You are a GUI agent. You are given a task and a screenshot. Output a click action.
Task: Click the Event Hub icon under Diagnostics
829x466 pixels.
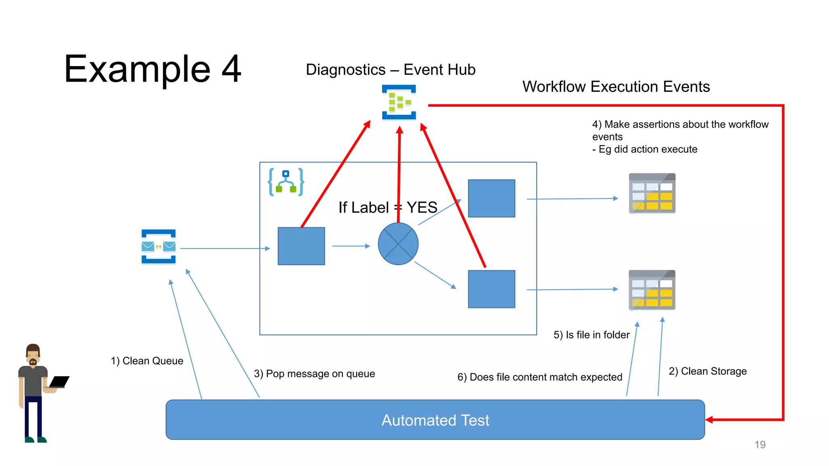tap(399, 102)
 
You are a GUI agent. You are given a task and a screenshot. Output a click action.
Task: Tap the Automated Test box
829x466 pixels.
tap(435, 420)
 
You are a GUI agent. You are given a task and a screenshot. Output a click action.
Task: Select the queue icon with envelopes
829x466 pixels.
tap(158, 246)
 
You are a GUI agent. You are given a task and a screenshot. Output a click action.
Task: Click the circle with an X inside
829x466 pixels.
tap(398, 244)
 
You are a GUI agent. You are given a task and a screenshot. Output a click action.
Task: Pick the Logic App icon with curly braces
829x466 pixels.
tap(286, 182)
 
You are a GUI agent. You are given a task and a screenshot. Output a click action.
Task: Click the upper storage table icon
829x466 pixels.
tap(652, 193)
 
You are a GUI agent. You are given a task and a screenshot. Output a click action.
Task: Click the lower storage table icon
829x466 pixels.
tap(652, 290)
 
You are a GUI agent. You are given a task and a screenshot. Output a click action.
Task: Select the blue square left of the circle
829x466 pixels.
tap(301, 246)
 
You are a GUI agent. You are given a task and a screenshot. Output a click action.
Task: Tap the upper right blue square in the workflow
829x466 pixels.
tap(491, 198)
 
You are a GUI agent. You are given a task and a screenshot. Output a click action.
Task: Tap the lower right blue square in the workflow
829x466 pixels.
tap(491, 289)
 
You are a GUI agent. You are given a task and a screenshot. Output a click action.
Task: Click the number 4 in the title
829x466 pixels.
tap(232, 69)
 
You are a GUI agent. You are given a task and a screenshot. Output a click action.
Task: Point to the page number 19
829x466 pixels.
tap(760, 445)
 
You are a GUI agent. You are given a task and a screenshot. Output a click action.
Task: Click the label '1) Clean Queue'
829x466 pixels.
tap(147, 361)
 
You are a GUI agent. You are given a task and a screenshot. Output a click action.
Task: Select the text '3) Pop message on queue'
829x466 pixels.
tap(314, 374)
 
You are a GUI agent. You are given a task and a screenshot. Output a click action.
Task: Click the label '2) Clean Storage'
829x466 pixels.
tap(708, 371)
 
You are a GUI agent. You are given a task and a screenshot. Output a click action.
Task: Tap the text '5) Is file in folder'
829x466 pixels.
tap(591, 335)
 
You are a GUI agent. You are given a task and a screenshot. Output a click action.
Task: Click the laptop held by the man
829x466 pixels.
tap(59, 382)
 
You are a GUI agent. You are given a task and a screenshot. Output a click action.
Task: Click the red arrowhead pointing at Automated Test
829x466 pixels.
tap(710, 419)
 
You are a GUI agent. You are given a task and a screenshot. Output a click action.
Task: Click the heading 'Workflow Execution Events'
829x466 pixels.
tap(616, 87)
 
